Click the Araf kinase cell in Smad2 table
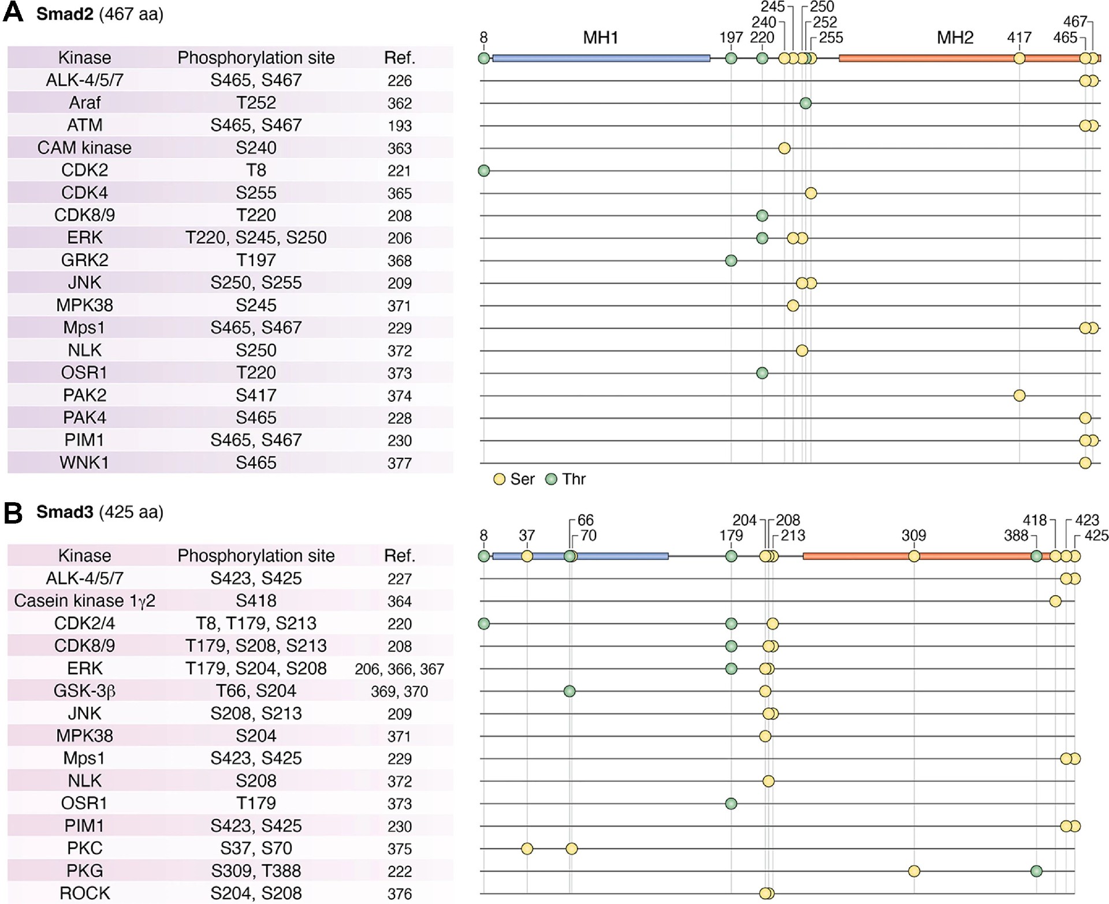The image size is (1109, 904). point(84,103)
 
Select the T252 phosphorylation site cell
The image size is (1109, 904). point(256,103)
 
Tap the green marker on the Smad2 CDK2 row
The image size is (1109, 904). point(484,170)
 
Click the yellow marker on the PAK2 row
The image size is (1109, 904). point(1019,395)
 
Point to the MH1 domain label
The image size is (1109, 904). point(600,38)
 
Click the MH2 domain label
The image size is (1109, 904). point(955,38)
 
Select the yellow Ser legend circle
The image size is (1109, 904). point(500,479)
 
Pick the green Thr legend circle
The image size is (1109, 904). point(552,479)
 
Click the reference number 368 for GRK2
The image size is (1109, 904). point(399,261)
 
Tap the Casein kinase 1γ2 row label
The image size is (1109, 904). point(84,601)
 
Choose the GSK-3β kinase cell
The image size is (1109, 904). point(84,691)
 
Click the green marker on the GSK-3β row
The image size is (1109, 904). point(570,691)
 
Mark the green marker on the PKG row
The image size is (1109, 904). point(1036,871)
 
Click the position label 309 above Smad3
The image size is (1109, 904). point(914,536)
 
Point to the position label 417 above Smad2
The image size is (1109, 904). point(1019,38)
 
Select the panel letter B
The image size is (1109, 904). point(13,513)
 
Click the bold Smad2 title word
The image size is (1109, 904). point(65,14)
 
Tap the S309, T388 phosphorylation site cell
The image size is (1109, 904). point(256,871)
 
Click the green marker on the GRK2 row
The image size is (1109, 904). point(731,261)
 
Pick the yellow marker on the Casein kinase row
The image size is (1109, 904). point(1055,602)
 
